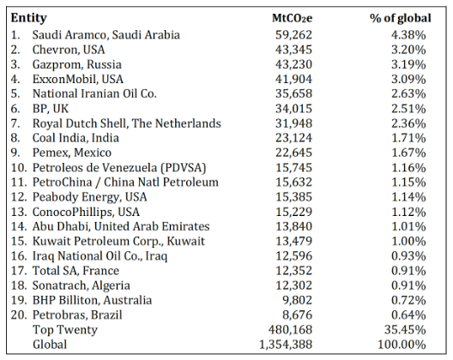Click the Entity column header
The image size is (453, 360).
point(28,18)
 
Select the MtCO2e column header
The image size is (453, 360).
point(292,18)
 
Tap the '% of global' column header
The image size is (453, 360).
point(401,18)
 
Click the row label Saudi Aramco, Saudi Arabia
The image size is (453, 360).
point(106,34)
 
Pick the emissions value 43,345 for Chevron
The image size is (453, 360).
point(293,50)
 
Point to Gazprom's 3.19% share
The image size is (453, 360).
point(408,64)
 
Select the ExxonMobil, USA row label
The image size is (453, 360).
point(78,79)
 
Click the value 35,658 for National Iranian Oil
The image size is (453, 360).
point(293,93)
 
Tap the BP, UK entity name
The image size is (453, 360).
point(51,109)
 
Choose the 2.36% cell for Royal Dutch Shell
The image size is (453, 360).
point(408,123)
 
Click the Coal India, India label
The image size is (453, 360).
point(75,138)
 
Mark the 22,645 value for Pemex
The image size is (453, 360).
point(293,153)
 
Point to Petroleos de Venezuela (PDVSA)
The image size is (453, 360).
point(119,168)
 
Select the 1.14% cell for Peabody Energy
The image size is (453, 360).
point(408,197)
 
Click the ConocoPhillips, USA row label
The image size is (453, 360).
point(86,212)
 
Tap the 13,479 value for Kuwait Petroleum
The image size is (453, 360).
point(293,242)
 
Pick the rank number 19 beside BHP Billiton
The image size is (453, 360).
point(19,300)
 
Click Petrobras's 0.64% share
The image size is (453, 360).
point(408,315)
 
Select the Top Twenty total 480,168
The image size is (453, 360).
point(290,330)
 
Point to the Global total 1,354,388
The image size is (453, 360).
point(286,345)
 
